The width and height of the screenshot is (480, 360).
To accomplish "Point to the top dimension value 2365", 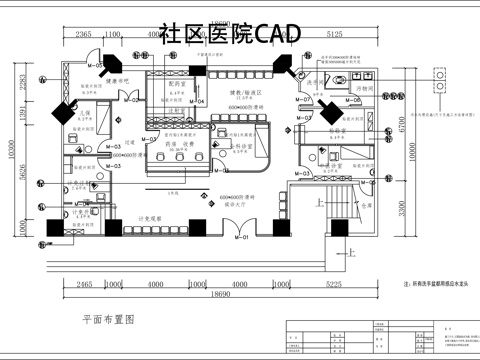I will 84,34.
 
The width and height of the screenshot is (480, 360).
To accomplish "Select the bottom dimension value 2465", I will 85,284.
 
